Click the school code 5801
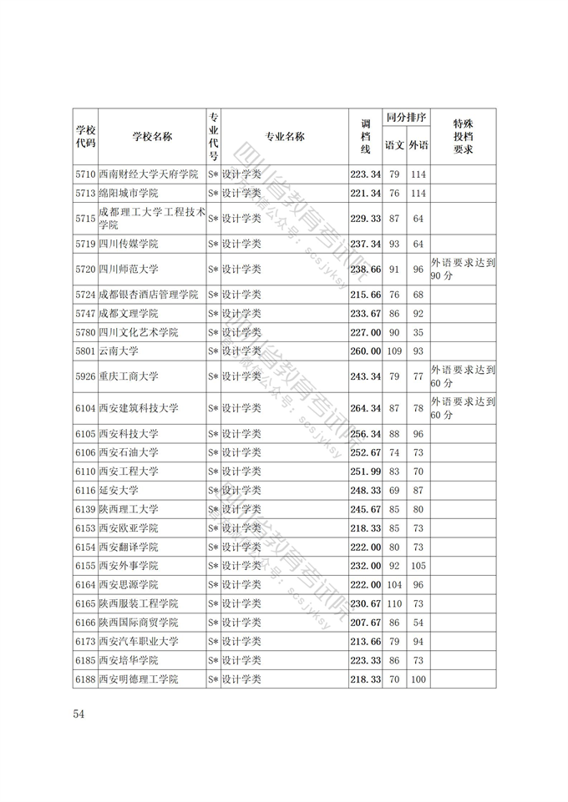tap(84, 351)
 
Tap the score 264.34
tap(365, 408)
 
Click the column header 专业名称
tap(285, 137)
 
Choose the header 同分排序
tap(406, 119)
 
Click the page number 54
tap(80, 714)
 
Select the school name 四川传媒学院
tap(128, 244)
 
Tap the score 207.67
tap(365, 623)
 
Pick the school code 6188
tap(84, 679)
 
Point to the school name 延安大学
tap(118, 490)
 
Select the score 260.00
tap(365, 351)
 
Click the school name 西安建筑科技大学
tap(138, 408)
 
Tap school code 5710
tap(84, 174)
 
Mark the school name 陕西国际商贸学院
tap(138, 623)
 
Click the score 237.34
tap(365, 244)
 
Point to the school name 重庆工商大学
tap(128, 376)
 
